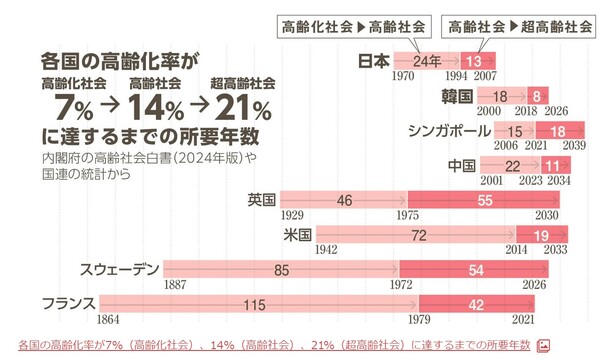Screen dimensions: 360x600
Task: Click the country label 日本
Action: (374, 60)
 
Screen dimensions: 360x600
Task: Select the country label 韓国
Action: (456, 96)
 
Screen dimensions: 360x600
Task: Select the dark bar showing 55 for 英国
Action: (484, 200)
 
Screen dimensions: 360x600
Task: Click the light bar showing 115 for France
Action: (258, 303)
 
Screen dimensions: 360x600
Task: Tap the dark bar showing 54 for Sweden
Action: (476, 269)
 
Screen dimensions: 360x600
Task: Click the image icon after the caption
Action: (544, 345)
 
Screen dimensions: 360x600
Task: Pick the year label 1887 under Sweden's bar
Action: (176, 285)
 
